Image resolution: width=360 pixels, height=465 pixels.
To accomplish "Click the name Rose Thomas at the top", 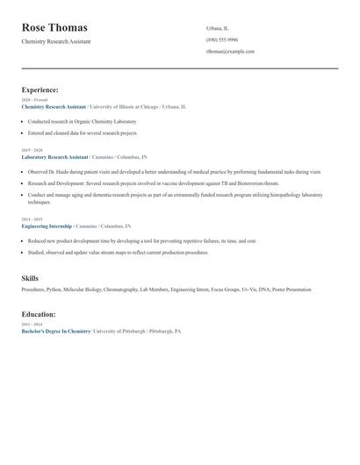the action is [54, 27].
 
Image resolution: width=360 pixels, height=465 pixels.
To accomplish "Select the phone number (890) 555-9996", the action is [222, 39].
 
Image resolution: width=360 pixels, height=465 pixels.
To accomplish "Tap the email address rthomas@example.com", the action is [230, 51].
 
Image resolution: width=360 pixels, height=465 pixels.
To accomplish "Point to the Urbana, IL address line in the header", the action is [217, 28].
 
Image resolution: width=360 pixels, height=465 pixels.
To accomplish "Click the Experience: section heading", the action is [40, 89].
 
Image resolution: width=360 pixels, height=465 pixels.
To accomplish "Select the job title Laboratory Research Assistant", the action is [54, 156].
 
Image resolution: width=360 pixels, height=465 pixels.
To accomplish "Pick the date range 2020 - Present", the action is [31, 100].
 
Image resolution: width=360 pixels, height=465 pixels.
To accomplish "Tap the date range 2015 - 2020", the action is [31, 150].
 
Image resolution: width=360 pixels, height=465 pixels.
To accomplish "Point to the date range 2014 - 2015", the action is [31, 219].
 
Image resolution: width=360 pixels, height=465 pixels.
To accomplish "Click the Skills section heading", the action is [30, 278].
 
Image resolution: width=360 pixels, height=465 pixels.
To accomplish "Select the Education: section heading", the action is [39, 314].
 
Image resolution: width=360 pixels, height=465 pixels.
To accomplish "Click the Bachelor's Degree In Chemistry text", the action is [55, 332].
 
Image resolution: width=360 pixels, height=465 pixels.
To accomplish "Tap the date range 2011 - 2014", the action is [31, 325].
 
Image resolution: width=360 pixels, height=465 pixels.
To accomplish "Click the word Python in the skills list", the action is [54, 289].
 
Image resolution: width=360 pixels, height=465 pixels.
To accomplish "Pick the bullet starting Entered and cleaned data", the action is [83, 132].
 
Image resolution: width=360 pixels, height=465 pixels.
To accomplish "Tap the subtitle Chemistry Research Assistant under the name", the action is [55, 41].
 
